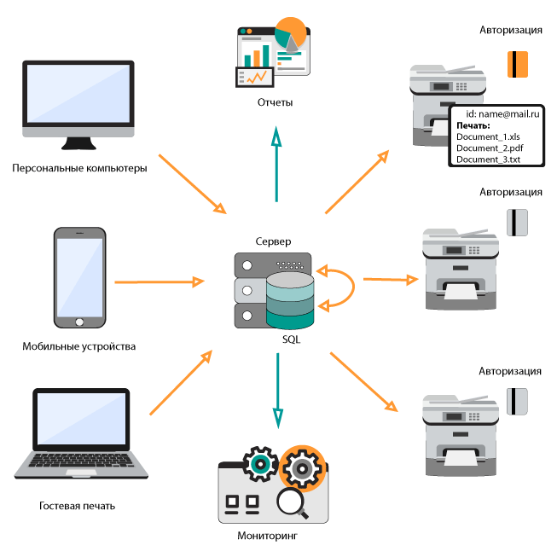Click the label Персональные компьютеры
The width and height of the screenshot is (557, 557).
[x=79, y=168]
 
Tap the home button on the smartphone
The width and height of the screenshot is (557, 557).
[x=79, y=323]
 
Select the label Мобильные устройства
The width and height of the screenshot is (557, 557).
[x=78, y=346]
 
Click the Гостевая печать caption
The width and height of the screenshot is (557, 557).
[x=77, y=506]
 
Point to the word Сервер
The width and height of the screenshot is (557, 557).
[x=273, y=242]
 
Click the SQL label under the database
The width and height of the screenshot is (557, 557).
[x=292, y=339]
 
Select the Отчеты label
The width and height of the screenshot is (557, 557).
[x=275, y=102]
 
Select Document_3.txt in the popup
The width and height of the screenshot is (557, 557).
[x=488, y=159]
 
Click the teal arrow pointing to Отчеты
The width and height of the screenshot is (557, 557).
[x=276, y=162]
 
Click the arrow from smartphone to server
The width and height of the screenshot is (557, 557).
[x=159, y=281]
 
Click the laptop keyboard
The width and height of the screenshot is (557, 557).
[x=77, y=464]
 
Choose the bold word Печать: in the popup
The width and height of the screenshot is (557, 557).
[x=473, y=125]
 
